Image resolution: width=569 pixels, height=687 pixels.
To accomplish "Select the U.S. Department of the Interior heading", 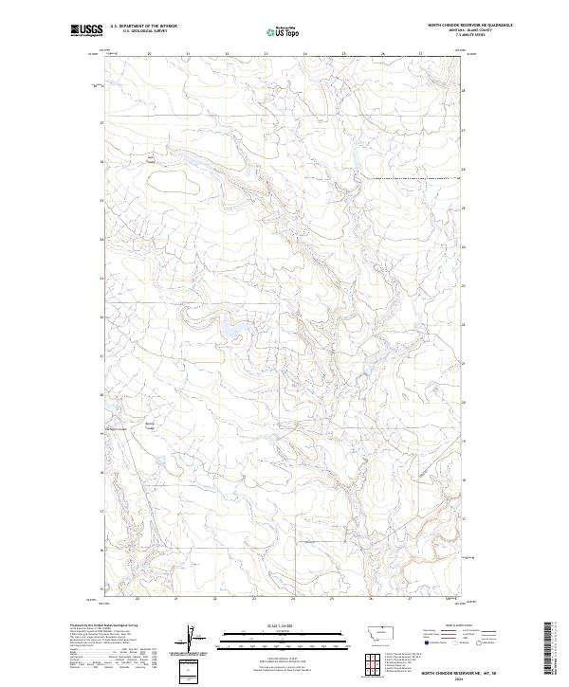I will (143, 27).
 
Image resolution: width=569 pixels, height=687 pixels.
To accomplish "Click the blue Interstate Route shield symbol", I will (426, 643).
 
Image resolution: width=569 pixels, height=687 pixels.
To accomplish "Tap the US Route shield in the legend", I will (454, 643).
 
